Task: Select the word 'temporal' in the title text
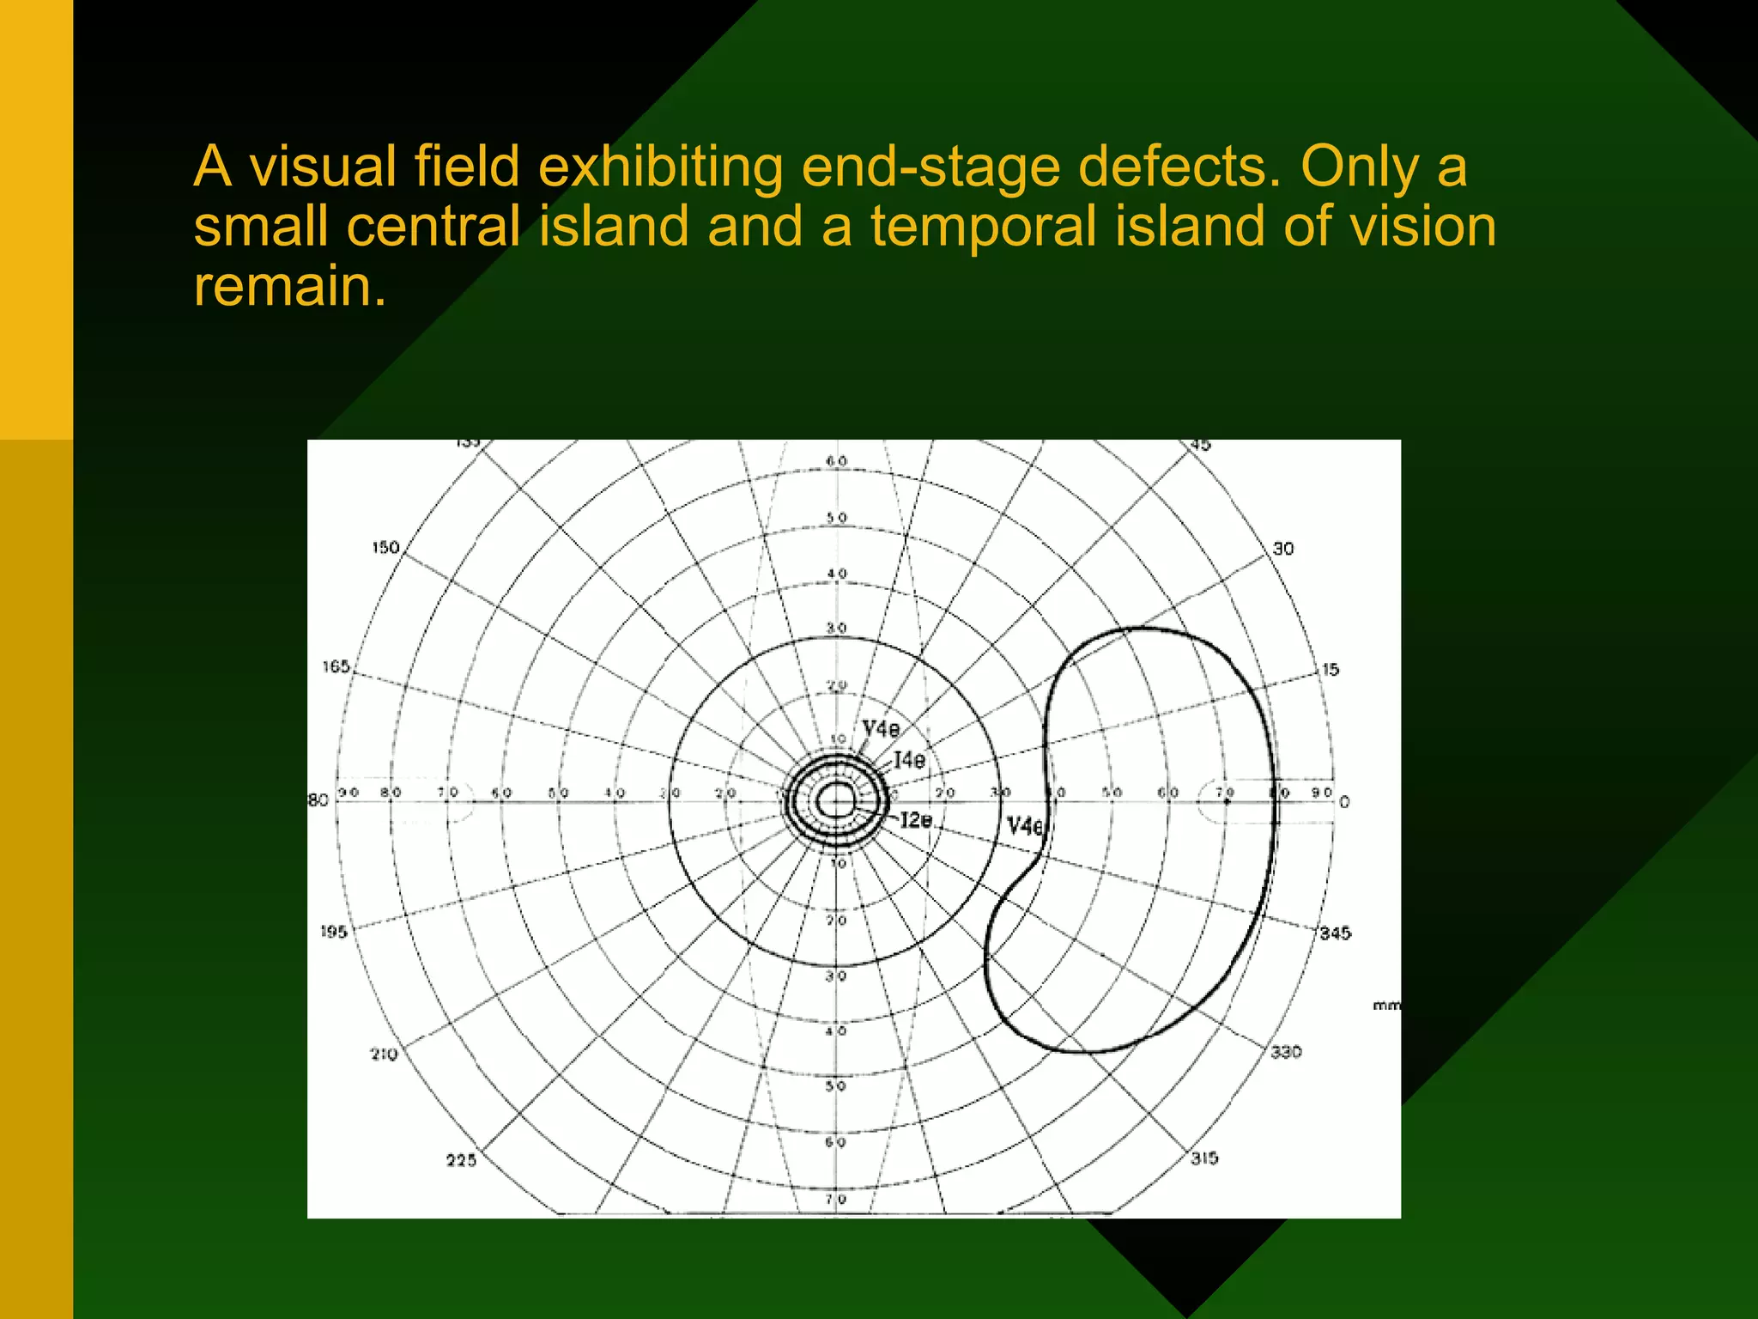[x=983, y=227]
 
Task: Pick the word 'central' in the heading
[x=433, y=227]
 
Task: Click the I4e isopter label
[x=910, y=760]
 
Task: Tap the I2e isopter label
[x=916, y=820]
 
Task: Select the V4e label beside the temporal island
[x=1025, y=827]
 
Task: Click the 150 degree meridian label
[x=385, y=548]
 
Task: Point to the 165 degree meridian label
[x=336, y=667]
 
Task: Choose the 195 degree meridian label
[x=334, y=932]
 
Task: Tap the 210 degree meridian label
[x=384, y=1055]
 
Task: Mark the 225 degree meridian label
[x=461, y=1161]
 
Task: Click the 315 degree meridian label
[x=1204, y=1158]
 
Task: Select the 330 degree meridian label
[x=1286, y=1052]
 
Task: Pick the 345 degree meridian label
[x=1335, y=933]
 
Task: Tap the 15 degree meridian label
[x=1331, y=670]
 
